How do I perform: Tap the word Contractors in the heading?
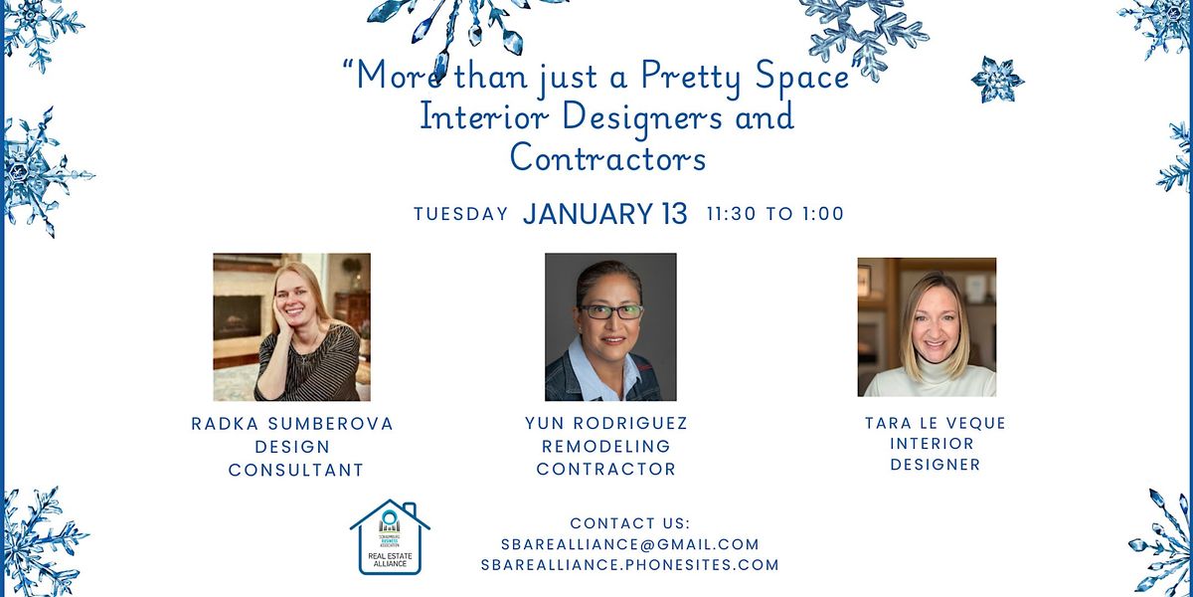click(x=607, y=157)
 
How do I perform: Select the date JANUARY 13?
click(x=604, y=214)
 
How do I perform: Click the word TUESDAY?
click(x=460, y=214)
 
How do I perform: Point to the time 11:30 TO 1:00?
click(x=774, y=214)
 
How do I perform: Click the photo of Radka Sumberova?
click(x=291, y=326)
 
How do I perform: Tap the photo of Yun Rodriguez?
click(x=610, y=326)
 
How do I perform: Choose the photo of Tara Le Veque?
click(x=927, y=326)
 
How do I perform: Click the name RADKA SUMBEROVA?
click(x=292, y=424)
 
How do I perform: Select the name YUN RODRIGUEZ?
click(x=605, y=424)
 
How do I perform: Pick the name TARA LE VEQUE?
click(x=935, y=424)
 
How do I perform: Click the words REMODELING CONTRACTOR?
click(x=605, y=458)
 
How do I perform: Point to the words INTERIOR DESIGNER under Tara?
click(x=933, y=454)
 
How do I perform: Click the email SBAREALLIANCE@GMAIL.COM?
click(x=630, y=544)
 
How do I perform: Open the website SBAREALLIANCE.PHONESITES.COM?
click(x=629, y=565)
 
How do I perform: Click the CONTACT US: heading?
click(x=629, y=523)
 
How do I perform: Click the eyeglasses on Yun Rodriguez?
click(x=610, y=311)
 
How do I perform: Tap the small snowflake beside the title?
click(x=996, y=80)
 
